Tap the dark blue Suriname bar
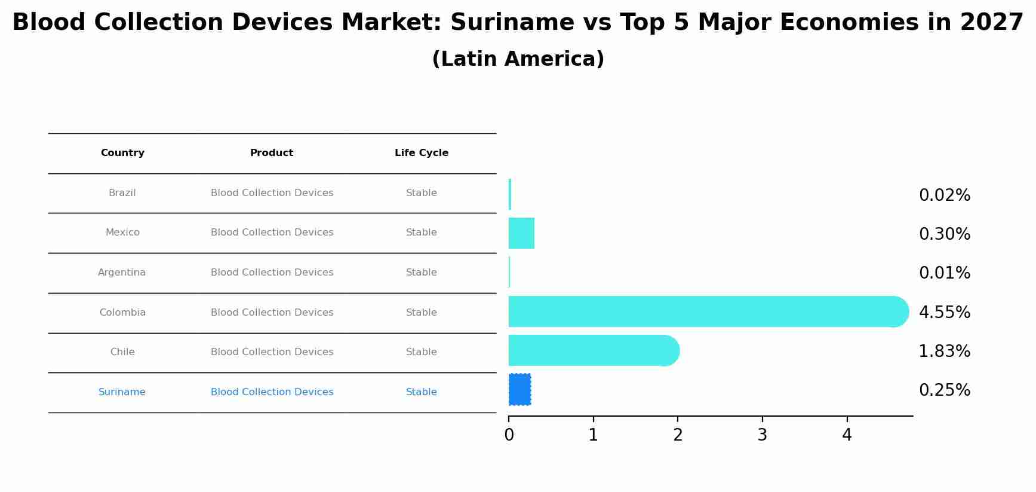coord(519,389)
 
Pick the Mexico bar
coord(521,233)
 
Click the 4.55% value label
coord(944,312)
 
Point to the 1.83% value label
coord(944,351)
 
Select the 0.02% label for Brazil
coord(944,195)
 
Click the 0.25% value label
coord(944,390)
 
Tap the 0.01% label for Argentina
coord(944,273)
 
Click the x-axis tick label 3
coord(762,435)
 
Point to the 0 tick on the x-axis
coord(509,435)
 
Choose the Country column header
coord(122,153)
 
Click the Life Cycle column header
coord(421,153)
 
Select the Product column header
coord(272,153)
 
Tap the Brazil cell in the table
coord(122,193)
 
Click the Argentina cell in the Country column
coord(122,273)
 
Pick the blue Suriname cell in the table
coord(122,392)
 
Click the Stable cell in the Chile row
coord(421,352)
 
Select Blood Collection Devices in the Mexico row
coord(272,233)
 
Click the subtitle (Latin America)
coord(518,59)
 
